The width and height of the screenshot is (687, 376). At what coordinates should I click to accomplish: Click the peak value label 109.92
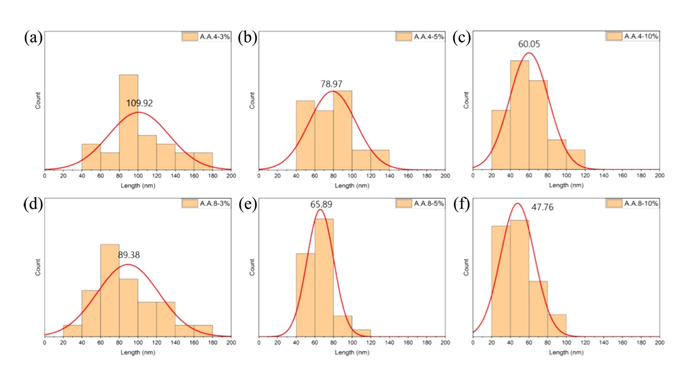coord(139,104)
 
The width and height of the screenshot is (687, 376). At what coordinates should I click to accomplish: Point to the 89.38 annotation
coord(129,255)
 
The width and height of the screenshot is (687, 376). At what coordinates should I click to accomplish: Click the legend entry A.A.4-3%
coord(206,36)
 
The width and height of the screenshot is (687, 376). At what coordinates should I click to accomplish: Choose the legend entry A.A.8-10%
coord(633,204)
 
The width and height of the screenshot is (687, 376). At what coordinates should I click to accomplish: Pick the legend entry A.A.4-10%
coord(633,36)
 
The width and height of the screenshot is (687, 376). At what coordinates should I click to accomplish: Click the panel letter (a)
coord(33,38)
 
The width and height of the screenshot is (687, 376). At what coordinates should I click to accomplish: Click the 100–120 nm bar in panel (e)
coord(361,333)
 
